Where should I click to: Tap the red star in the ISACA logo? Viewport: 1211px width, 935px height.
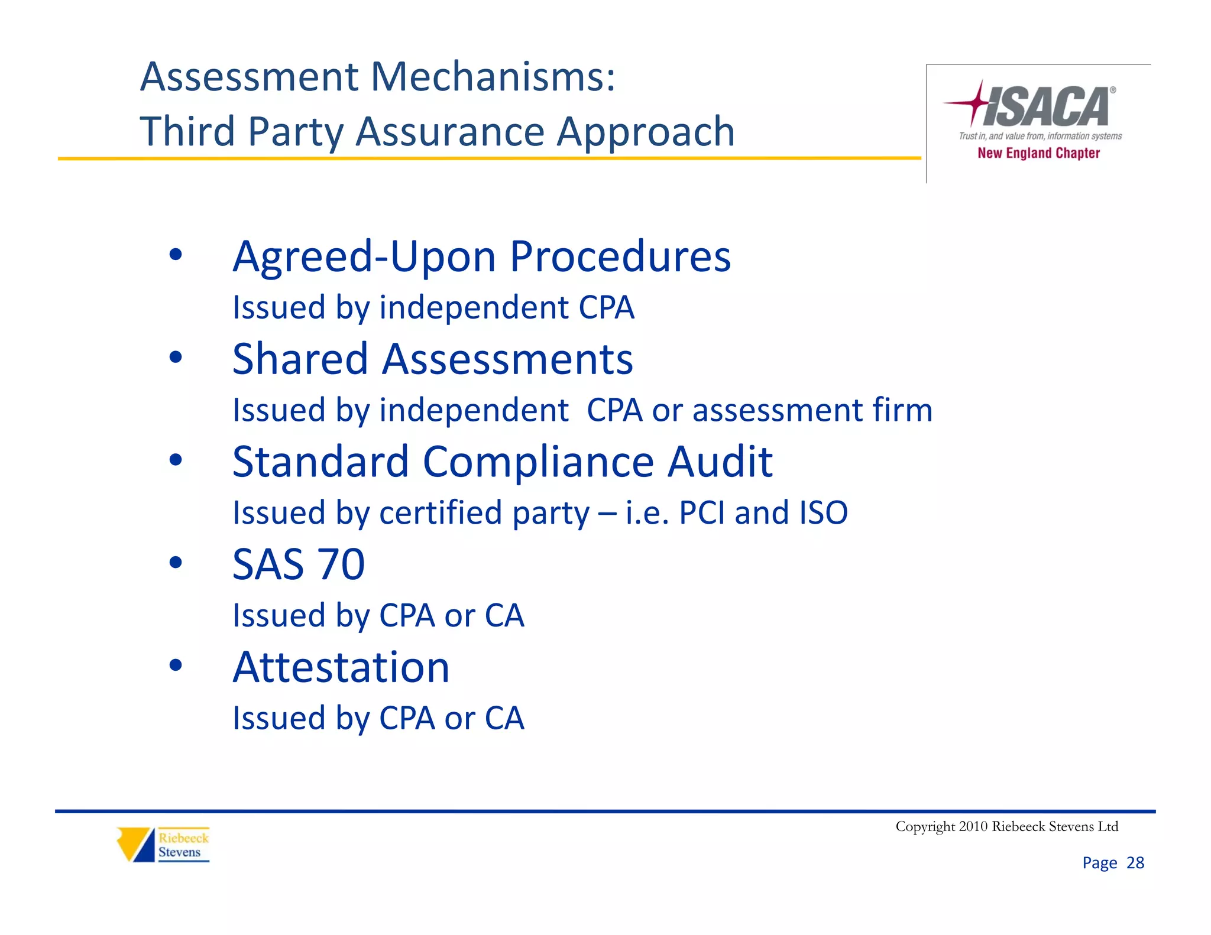click(x=976, y=103)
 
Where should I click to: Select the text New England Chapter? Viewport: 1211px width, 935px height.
click(x=1038, y=153)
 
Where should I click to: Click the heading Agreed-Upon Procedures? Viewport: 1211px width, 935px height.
click(x=481, y=257)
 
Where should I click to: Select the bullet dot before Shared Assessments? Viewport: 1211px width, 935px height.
click(x=176, y=357)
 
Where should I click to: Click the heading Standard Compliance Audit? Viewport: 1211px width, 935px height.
click(x=502, y=462)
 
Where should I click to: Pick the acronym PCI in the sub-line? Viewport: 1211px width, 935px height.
click(x=702, y=512)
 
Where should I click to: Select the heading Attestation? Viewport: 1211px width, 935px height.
click(x=341, y=667)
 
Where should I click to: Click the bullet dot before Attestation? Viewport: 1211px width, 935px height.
click(x=176, y=665)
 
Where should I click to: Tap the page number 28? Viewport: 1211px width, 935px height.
click(x=1135, y=863)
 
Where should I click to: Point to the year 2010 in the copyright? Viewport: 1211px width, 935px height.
click(x=973, y=826)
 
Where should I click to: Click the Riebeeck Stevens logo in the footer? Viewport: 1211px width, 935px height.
click(x=163, y=845)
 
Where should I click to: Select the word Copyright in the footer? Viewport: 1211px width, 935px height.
click(x=925, y=826)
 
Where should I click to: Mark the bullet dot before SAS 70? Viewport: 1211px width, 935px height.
click(x=176, y=562)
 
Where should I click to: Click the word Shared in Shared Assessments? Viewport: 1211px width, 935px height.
click(x=300, y=359)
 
